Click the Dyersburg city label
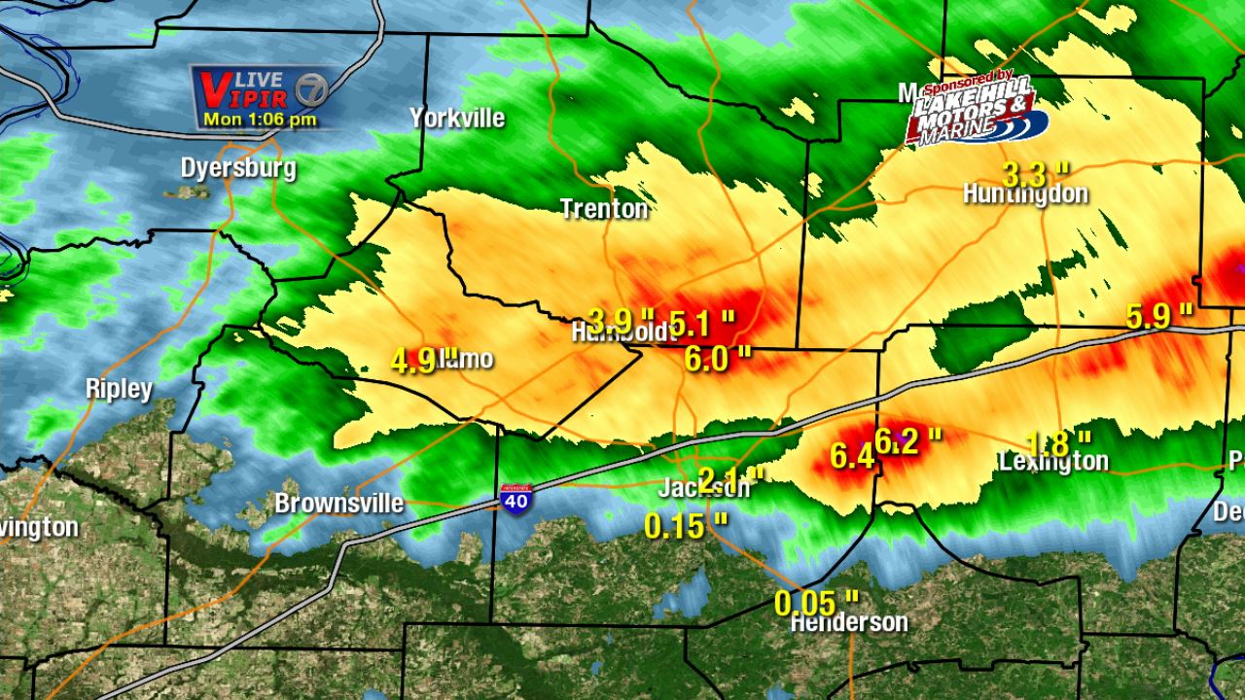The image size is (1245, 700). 238,168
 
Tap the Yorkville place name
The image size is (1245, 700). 457,119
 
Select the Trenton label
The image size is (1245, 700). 604,208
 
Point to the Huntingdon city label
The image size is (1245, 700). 1025,193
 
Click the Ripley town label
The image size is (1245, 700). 119,389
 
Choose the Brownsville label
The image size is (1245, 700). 338,504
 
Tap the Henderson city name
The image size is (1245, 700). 849,622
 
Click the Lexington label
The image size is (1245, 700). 1054,462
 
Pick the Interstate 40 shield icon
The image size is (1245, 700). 516,498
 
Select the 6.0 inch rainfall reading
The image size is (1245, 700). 718,358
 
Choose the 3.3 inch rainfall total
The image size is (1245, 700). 1035,174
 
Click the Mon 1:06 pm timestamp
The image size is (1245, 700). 260,120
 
